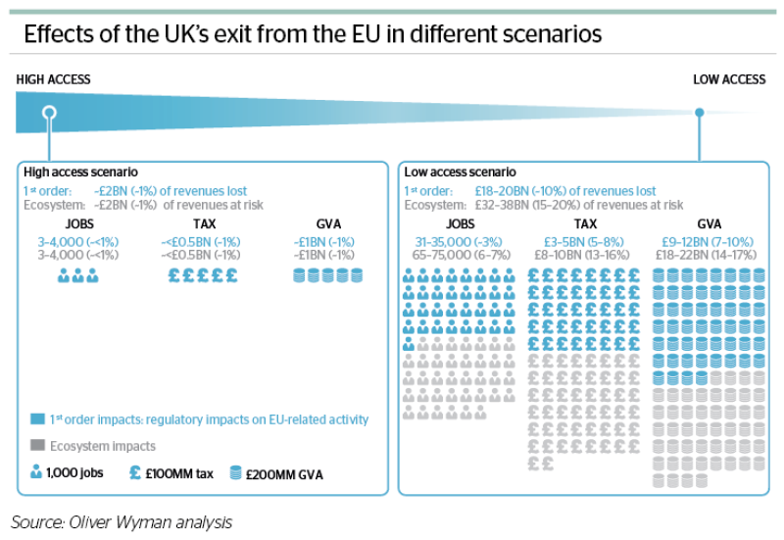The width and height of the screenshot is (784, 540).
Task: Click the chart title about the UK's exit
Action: click(x=313, y=34)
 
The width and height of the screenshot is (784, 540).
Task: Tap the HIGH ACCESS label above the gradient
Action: click(x=53, y=79)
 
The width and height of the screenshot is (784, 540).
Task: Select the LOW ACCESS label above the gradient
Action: click(x=729, y=79)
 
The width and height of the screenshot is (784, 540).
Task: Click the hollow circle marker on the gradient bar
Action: click(x=49, y=113)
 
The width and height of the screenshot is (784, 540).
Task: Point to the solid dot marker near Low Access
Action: click(x=700, y=113)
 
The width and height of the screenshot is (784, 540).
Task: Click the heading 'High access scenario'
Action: click(x=80, y=172)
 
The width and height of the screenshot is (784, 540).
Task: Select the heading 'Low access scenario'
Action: click(x=460, y=172)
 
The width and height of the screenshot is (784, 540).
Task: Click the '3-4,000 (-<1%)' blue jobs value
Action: click(x=78, y=242)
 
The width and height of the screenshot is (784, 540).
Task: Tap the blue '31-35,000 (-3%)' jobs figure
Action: click(x=459, y=242)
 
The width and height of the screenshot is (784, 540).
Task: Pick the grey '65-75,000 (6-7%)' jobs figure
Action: click(x=461, y=255)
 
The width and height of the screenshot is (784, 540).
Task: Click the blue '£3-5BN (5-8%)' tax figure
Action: click(x=584, y=242)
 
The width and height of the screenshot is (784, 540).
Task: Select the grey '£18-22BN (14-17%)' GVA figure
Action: click(x=706, y=255)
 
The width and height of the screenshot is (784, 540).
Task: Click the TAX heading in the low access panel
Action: click(x=585, y=224)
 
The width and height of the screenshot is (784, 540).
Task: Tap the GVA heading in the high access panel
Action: click(x=328, y=224)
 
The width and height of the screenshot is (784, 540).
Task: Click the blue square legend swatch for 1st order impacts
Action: click(x=37, y=418)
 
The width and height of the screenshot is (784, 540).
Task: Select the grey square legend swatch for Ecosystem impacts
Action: click(x=37, y=445)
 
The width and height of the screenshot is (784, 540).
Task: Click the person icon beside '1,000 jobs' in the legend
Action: click(x=36, y=471)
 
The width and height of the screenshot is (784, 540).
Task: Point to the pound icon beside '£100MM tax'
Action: click(x=135, y=472)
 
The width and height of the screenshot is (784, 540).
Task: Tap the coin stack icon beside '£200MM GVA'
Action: click(x=235, y=472)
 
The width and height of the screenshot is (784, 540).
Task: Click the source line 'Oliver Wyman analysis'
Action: click(x=151, y=522)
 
